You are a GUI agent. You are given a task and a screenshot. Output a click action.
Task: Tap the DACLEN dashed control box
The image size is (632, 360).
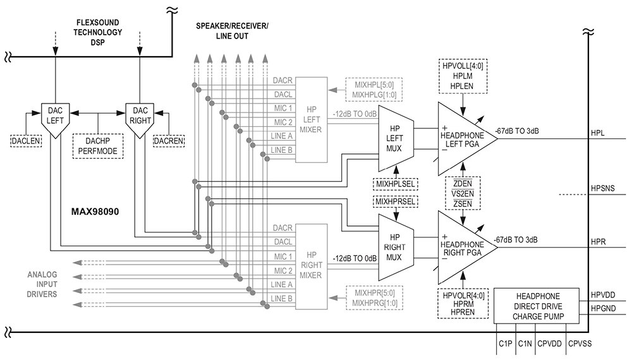tap(26, 141)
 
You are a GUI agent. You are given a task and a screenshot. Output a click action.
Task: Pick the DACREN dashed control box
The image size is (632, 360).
tap(169, 141)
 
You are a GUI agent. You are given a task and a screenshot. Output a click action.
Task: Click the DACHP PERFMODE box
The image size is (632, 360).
tap(98, 146)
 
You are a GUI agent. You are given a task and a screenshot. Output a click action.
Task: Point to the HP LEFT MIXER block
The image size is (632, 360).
tap(311, 119)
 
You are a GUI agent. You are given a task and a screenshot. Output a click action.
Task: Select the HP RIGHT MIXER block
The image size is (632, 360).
tap(311, 266)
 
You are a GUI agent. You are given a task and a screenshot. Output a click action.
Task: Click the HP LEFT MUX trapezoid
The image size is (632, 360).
tap(396, 139)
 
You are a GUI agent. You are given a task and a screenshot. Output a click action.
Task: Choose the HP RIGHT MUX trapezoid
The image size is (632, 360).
tap(396, 247)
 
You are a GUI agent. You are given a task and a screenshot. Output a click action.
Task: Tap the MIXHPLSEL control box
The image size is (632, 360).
tap(396, 184)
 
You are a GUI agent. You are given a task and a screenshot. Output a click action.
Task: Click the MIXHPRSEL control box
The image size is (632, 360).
tap(396, 201)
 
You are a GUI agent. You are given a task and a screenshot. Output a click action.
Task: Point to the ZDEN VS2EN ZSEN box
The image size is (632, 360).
tap(463, 193)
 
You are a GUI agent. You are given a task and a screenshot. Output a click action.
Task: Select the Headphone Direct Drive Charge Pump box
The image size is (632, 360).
tap(537, 306)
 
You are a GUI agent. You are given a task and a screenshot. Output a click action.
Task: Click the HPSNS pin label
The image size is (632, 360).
tap(603, 188)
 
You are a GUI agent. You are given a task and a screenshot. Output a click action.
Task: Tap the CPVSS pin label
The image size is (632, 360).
tap(580, 344)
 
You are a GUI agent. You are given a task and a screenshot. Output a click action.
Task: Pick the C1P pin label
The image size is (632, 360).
tap(506, 344)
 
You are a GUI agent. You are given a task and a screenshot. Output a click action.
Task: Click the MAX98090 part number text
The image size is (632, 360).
tap(95, 212)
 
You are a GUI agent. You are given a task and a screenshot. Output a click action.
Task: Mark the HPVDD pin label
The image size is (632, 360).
tap(604, 295)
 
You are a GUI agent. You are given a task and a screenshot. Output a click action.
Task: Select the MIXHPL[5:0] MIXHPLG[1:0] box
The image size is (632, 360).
tap(374, 90)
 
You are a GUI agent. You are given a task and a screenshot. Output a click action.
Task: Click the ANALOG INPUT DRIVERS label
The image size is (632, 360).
tap(42, 284)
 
